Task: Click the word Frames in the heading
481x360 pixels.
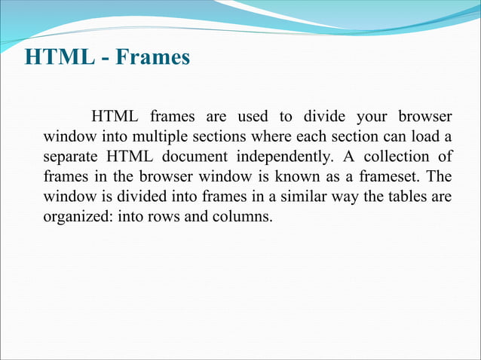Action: click(154, 57)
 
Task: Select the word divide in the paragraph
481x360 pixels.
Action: click(324, 117)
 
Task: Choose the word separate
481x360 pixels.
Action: click(70, 158)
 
